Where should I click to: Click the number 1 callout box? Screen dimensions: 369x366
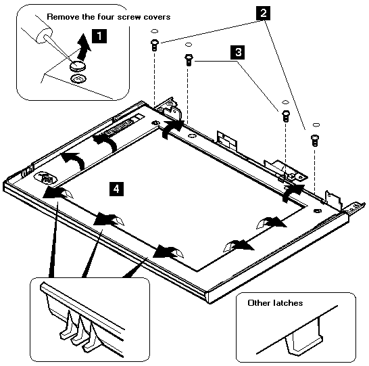(99, 36)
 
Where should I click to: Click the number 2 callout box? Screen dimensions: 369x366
(264, 13)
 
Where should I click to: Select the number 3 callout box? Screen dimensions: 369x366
(238, 52)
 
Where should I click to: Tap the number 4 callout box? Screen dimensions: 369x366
(116, 189)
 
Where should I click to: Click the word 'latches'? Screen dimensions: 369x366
(289, 302)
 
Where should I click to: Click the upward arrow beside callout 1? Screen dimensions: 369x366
(83, 47)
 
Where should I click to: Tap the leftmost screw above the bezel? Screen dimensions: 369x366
(154, 45)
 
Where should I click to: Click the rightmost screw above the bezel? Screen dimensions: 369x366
(315, 140)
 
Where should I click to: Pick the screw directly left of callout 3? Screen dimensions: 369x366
(189, 60)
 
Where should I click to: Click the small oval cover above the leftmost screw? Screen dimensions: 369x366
(154, 31)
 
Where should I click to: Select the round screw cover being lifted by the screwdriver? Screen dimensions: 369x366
(78, 65)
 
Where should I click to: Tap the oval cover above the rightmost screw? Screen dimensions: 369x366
(316, 124)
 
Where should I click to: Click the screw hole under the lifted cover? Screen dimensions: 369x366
(78, 78)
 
